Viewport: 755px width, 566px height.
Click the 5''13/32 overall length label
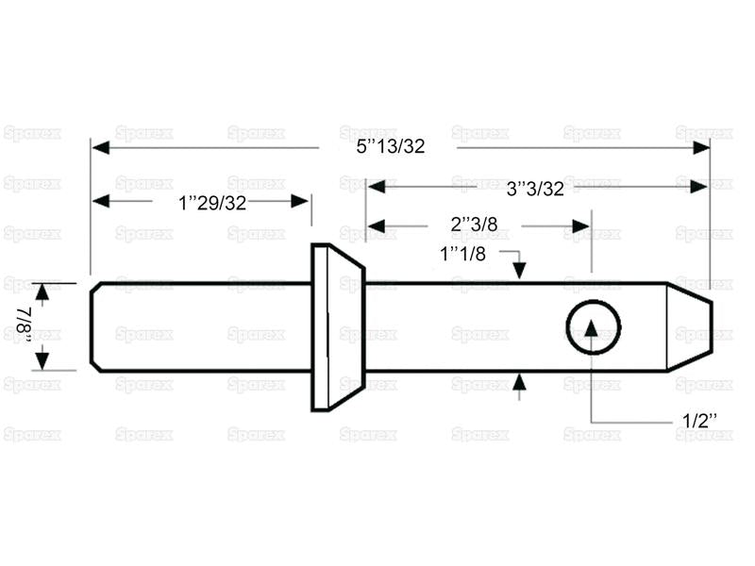pyautogui.click(x=391, y=146)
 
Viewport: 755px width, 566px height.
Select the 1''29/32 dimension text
pyautogui.click(x=212, y=203)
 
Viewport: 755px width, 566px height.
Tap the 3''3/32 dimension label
pyautogui.click(x=535, y=189)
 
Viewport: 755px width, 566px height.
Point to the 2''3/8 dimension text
pyautogui.click(x=474, y=225)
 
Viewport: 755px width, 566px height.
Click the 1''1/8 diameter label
pyautogui.click(x=462, y=254)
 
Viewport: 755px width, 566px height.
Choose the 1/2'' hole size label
pyautogui.click(x=699, y=421)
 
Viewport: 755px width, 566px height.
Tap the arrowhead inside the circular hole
pyautogui.click(x=592, y=328)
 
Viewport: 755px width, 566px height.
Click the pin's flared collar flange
pyautogui.click(x=338, y=327)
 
